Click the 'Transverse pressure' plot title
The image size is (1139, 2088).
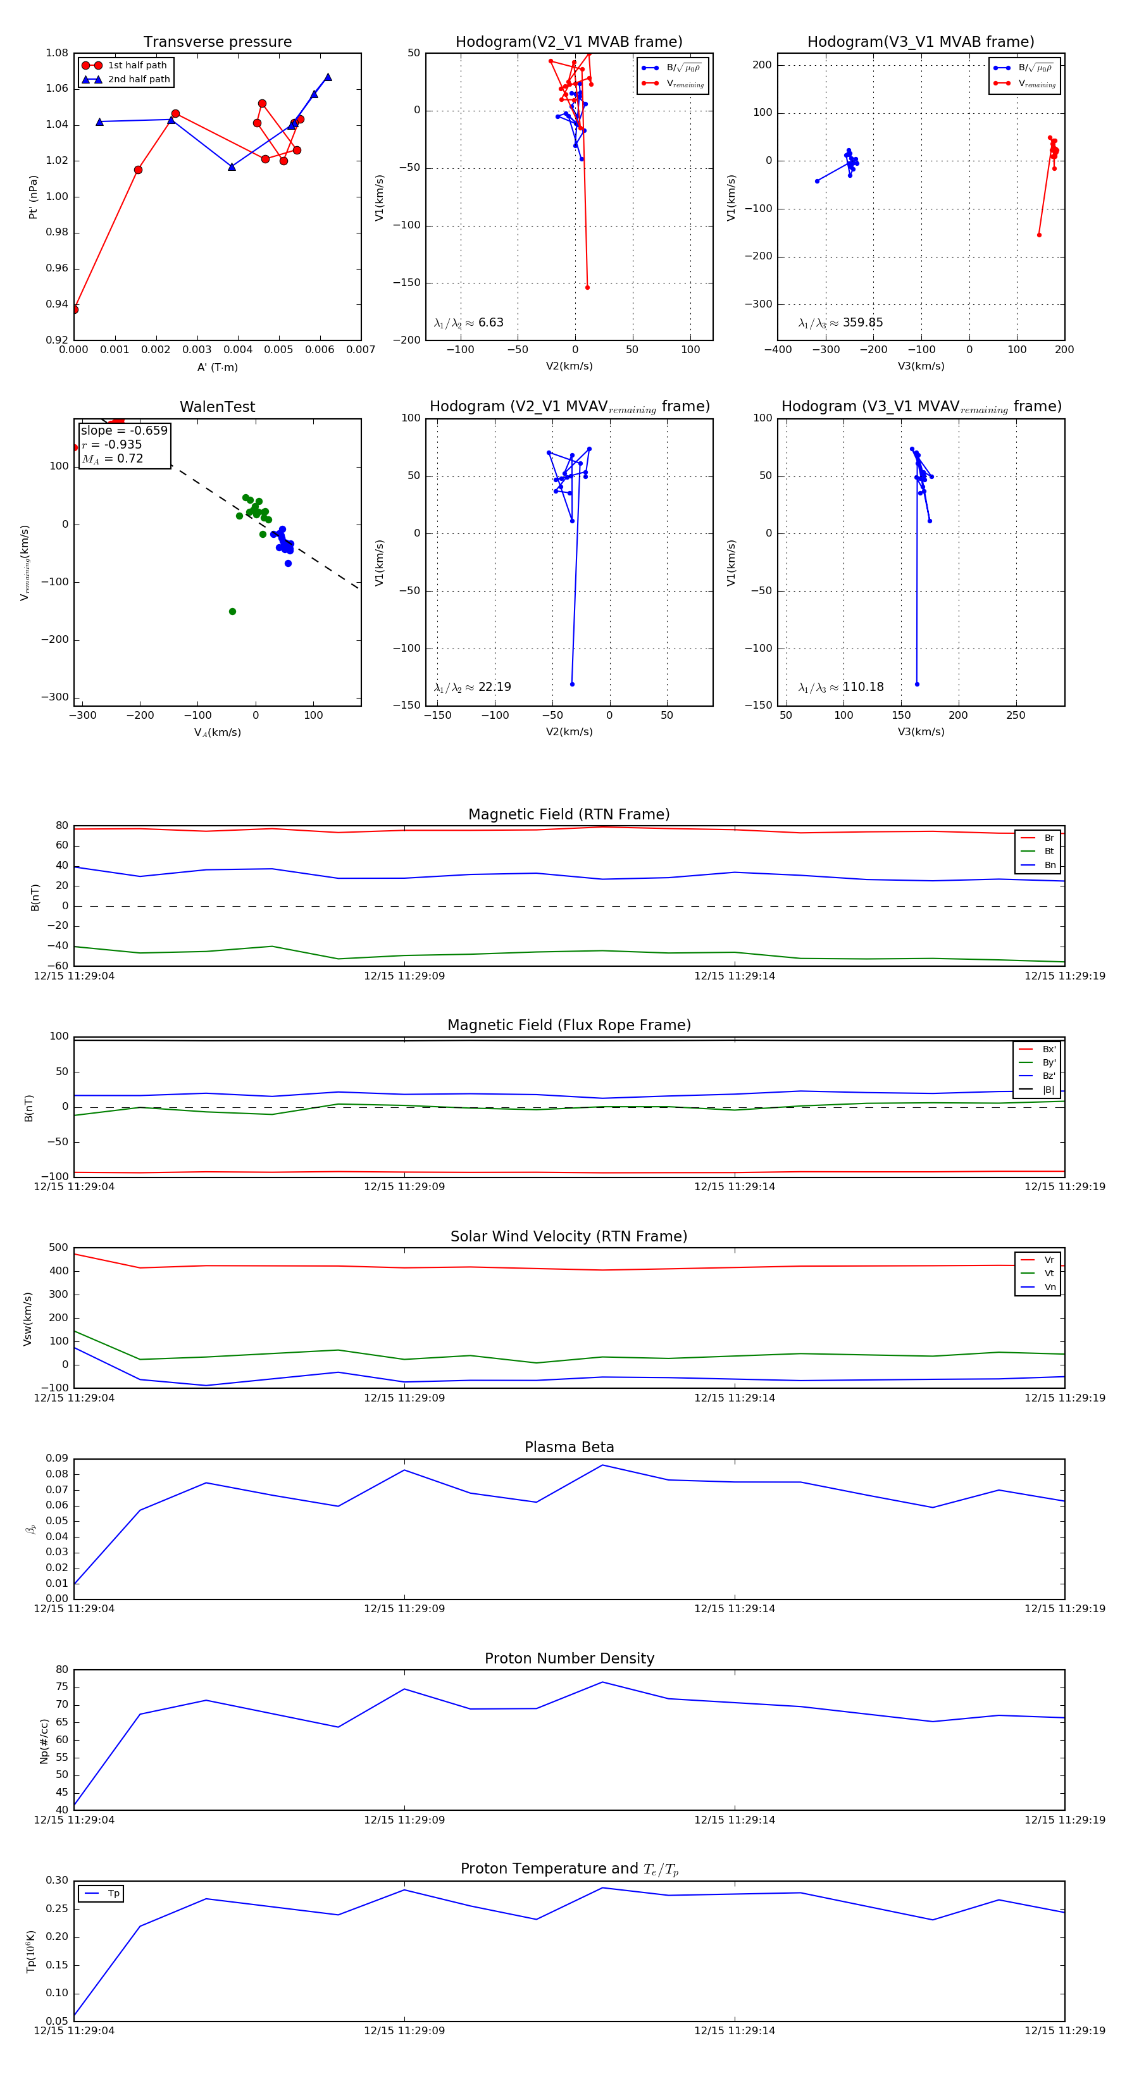[x=217, y=42]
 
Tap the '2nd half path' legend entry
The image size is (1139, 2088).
[x=139, y=80]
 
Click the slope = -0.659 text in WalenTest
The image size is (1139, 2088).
[x=124, y=430]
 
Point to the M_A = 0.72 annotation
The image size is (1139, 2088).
[x=113, y=459]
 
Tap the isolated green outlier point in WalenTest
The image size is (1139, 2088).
[x=233, y=612]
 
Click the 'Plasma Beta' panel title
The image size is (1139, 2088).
[x=569, y=1447]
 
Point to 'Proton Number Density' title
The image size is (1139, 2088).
[x=569, y=1658]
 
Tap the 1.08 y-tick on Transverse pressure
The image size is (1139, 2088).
[x=57, y=54]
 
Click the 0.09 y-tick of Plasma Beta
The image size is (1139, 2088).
[x=57, y=1458]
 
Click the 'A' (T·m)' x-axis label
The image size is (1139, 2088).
[x=217, y=367]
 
